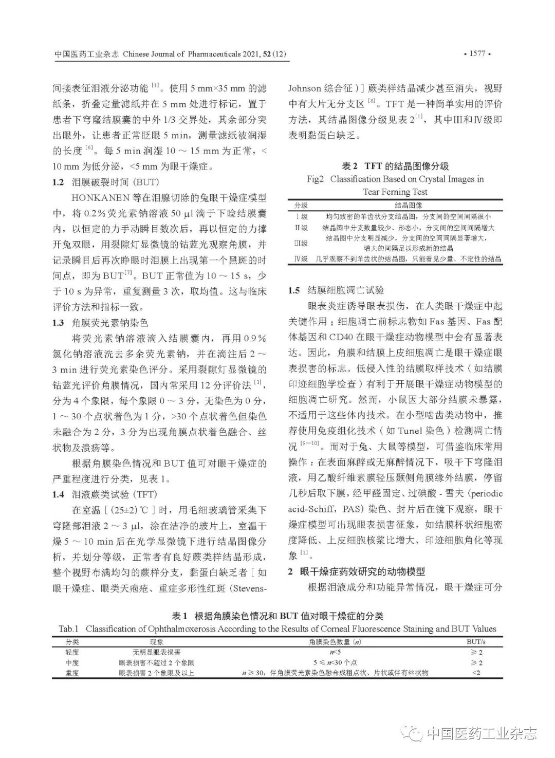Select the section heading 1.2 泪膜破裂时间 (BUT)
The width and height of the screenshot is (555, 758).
pos(106,182)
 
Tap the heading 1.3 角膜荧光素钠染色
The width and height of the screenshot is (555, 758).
pos(100,322)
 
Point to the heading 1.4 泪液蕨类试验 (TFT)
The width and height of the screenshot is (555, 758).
pos(105,494)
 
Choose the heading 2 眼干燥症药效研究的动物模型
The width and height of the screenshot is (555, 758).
pos(356,571)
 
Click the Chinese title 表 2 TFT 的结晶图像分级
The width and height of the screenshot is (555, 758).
pos(395,166)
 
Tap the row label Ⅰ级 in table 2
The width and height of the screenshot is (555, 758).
pos(301,217)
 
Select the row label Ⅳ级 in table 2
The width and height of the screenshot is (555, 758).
pos(301,259)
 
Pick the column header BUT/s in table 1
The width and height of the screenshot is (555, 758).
pos(476,642)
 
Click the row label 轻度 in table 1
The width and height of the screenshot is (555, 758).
pos(72,652)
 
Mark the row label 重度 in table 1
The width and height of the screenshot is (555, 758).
pos(72,673)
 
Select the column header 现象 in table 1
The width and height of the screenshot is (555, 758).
pos(157,642)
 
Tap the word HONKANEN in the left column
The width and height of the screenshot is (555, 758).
pos(96,198)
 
